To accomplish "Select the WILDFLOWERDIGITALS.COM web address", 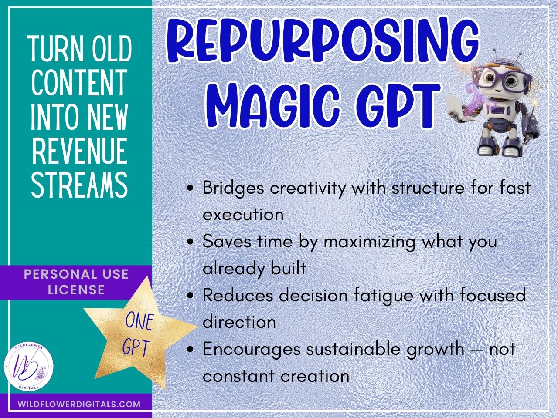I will click(79, 404).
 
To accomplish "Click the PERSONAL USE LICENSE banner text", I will click(76, 282).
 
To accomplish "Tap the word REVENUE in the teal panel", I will click(79, 151).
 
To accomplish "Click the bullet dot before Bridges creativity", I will click(190, 189).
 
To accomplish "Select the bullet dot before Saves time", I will click(190, 242).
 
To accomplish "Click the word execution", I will click(243, 215).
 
